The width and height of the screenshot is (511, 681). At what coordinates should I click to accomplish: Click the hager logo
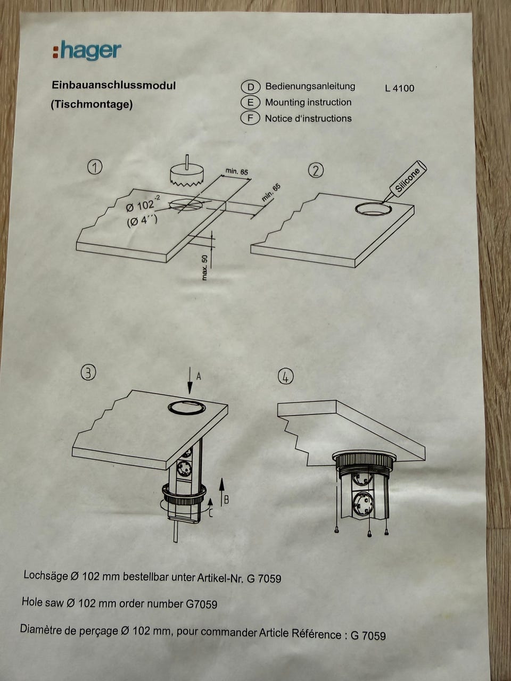[x=87, y=50]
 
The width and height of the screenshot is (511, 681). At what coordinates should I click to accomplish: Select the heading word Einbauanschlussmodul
[x=113, y=85]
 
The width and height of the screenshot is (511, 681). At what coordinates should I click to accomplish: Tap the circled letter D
[x=250, y=87]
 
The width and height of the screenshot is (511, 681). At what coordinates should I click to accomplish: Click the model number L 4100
[x=400, y=88]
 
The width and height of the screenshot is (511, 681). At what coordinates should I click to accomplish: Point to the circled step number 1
[x=95, y=167]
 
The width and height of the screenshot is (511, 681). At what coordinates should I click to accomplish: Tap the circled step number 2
[x=316, y=170]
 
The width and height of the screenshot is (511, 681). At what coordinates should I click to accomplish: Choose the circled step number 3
[x=88, y=373]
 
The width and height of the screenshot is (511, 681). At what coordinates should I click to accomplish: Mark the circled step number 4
[x=286, y=377]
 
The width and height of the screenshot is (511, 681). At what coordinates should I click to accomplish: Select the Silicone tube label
[x=407, y=180]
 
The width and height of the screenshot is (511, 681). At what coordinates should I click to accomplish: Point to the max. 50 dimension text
[x=204, y=268]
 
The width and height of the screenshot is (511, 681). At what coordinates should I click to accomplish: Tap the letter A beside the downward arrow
[x=199, y=376]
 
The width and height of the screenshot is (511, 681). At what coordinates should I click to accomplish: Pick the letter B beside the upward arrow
[x=227, y=500]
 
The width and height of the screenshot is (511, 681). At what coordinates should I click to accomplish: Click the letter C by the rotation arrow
[x=211, y=513]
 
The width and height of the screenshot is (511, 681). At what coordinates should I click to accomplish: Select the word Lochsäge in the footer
[x=46, y=576]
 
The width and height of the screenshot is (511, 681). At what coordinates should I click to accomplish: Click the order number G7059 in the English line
[x=201, y=604]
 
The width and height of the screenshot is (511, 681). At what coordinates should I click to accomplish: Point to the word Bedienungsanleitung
[x=310, y=86]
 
